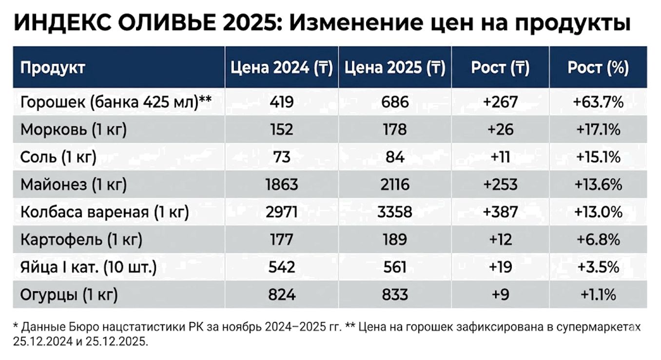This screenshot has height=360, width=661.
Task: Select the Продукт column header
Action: click(x=53, y=67)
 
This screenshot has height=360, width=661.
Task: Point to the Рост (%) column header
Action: click(x=598, y=67)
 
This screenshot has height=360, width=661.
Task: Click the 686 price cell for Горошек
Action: click(x=395, y=102)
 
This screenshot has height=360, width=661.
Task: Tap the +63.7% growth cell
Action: click(x=598, y=102)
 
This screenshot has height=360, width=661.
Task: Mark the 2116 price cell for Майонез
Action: click(x=395, y=185)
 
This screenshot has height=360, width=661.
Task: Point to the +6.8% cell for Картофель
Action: click(x=598, y=240)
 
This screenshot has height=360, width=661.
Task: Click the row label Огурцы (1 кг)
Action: click(x=69, y=295)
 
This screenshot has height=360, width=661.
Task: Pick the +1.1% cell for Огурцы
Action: click(x=598, y=295)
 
